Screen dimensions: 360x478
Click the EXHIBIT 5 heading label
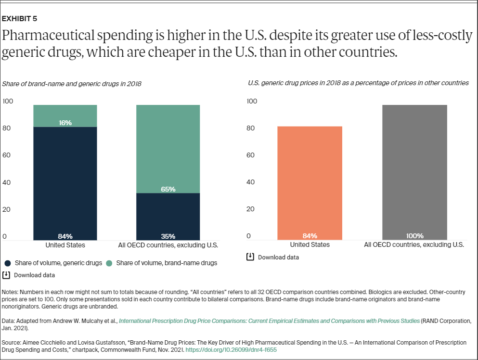point(20,19)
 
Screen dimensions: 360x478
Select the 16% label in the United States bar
point(65,123)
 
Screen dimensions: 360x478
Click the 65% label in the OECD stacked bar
point(168,189)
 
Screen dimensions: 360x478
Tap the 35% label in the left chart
point(168,236)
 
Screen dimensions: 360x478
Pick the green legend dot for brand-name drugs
point(109,263)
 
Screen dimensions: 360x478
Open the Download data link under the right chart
point(278,257)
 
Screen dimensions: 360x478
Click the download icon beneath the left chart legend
point(6,275)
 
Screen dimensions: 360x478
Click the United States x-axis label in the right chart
point(310,244)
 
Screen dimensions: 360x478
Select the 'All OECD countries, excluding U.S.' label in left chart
point(168,245)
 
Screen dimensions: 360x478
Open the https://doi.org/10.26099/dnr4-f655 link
point(231,350)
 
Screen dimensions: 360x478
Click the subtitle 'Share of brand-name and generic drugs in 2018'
point(72,84)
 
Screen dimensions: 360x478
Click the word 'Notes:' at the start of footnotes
point(11,292)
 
